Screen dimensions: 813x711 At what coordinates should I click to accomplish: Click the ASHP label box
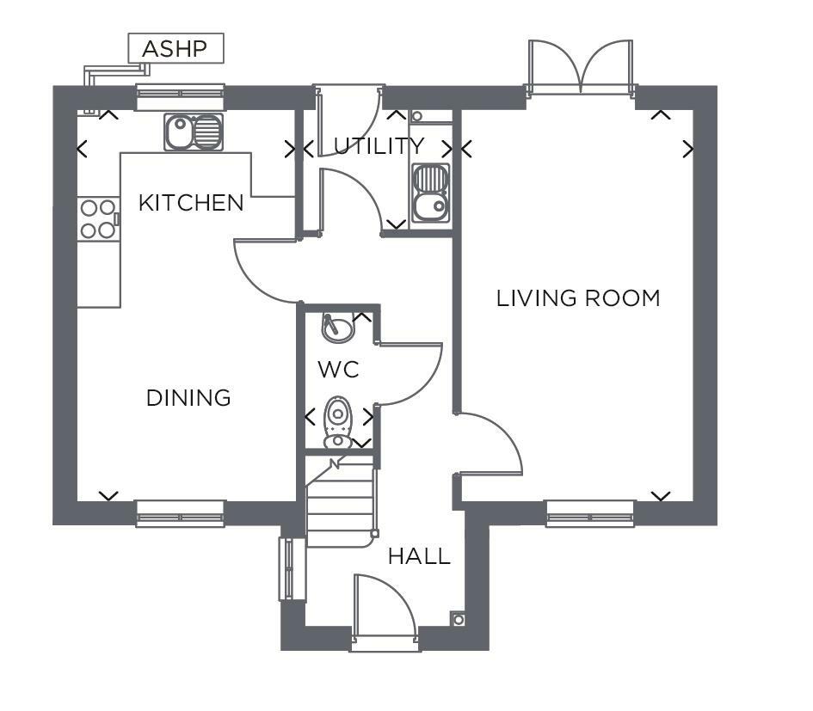coord(176,49)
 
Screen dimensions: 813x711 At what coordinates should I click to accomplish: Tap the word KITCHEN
coord(191,203)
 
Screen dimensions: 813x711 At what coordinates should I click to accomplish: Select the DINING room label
coord(188,398)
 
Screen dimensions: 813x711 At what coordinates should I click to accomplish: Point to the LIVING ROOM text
coord(578,298)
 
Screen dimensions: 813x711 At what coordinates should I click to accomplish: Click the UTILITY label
coord(379,146)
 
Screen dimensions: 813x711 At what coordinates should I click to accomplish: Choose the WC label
coord(339,370)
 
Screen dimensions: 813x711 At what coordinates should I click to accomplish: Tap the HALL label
coord(419,556)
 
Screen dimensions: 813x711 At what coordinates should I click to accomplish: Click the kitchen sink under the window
coord(194,132)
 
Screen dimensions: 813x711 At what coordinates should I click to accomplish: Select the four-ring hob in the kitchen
coord(98,219)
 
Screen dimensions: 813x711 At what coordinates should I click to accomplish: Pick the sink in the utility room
coord(430,193)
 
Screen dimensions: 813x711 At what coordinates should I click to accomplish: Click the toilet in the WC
coord(337,422)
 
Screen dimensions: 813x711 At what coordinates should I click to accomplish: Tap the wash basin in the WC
coord(337,328)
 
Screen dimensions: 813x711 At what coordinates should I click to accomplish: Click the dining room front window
coord(180,513)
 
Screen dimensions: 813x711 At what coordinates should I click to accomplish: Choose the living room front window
coord(590,513)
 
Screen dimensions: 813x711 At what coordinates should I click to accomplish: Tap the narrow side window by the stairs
coord(286,569)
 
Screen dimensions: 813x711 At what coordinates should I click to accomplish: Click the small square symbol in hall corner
coord(459,619)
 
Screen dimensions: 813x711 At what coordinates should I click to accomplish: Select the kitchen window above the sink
coord(180,97)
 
